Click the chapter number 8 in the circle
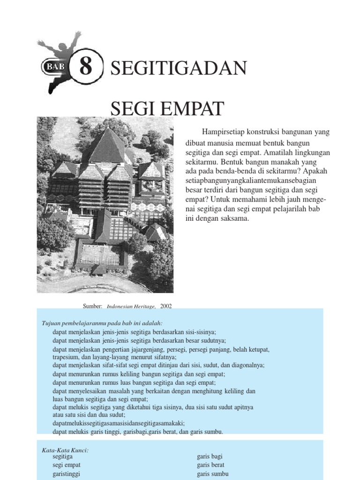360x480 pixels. point(85,67)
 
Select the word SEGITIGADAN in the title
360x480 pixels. point(178,68)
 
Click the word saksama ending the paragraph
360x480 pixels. point(235,218)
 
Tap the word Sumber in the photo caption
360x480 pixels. point(92,306)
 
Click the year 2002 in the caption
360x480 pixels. point(166,306)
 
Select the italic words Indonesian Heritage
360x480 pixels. point(131,307)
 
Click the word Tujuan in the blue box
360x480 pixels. point(52,323)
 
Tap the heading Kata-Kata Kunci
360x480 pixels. point(65,450)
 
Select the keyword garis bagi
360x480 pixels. point(210,456)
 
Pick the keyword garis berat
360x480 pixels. point(210,465)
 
